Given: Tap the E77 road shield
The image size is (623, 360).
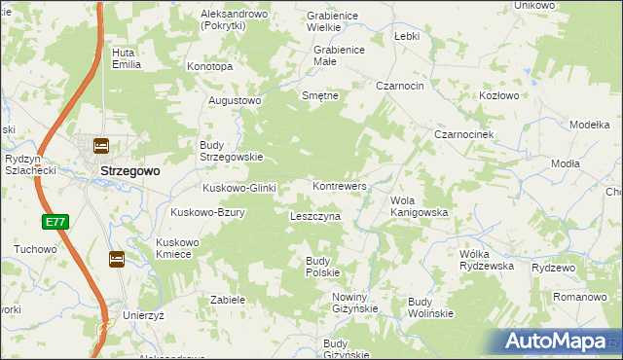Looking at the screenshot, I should (55, 223).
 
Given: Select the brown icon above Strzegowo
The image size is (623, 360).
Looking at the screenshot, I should (100, 146).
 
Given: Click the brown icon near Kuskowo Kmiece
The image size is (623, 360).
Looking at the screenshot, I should (116, 259).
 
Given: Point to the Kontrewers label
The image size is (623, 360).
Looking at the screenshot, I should (339, 185).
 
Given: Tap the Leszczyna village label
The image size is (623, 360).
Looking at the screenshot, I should (315, 216).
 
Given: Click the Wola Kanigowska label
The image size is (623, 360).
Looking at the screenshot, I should (418, 206).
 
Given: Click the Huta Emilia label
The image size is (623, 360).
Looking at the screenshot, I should (127, 58).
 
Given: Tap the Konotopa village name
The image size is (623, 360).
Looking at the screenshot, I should (210, 67).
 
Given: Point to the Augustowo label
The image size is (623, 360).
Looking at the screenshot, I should (236, 100).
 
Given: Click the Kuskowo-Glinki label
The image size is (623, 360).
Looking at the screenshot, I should (239, 188).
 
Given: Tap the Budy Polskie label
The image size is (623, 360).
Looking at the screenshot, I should (322, 267).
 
